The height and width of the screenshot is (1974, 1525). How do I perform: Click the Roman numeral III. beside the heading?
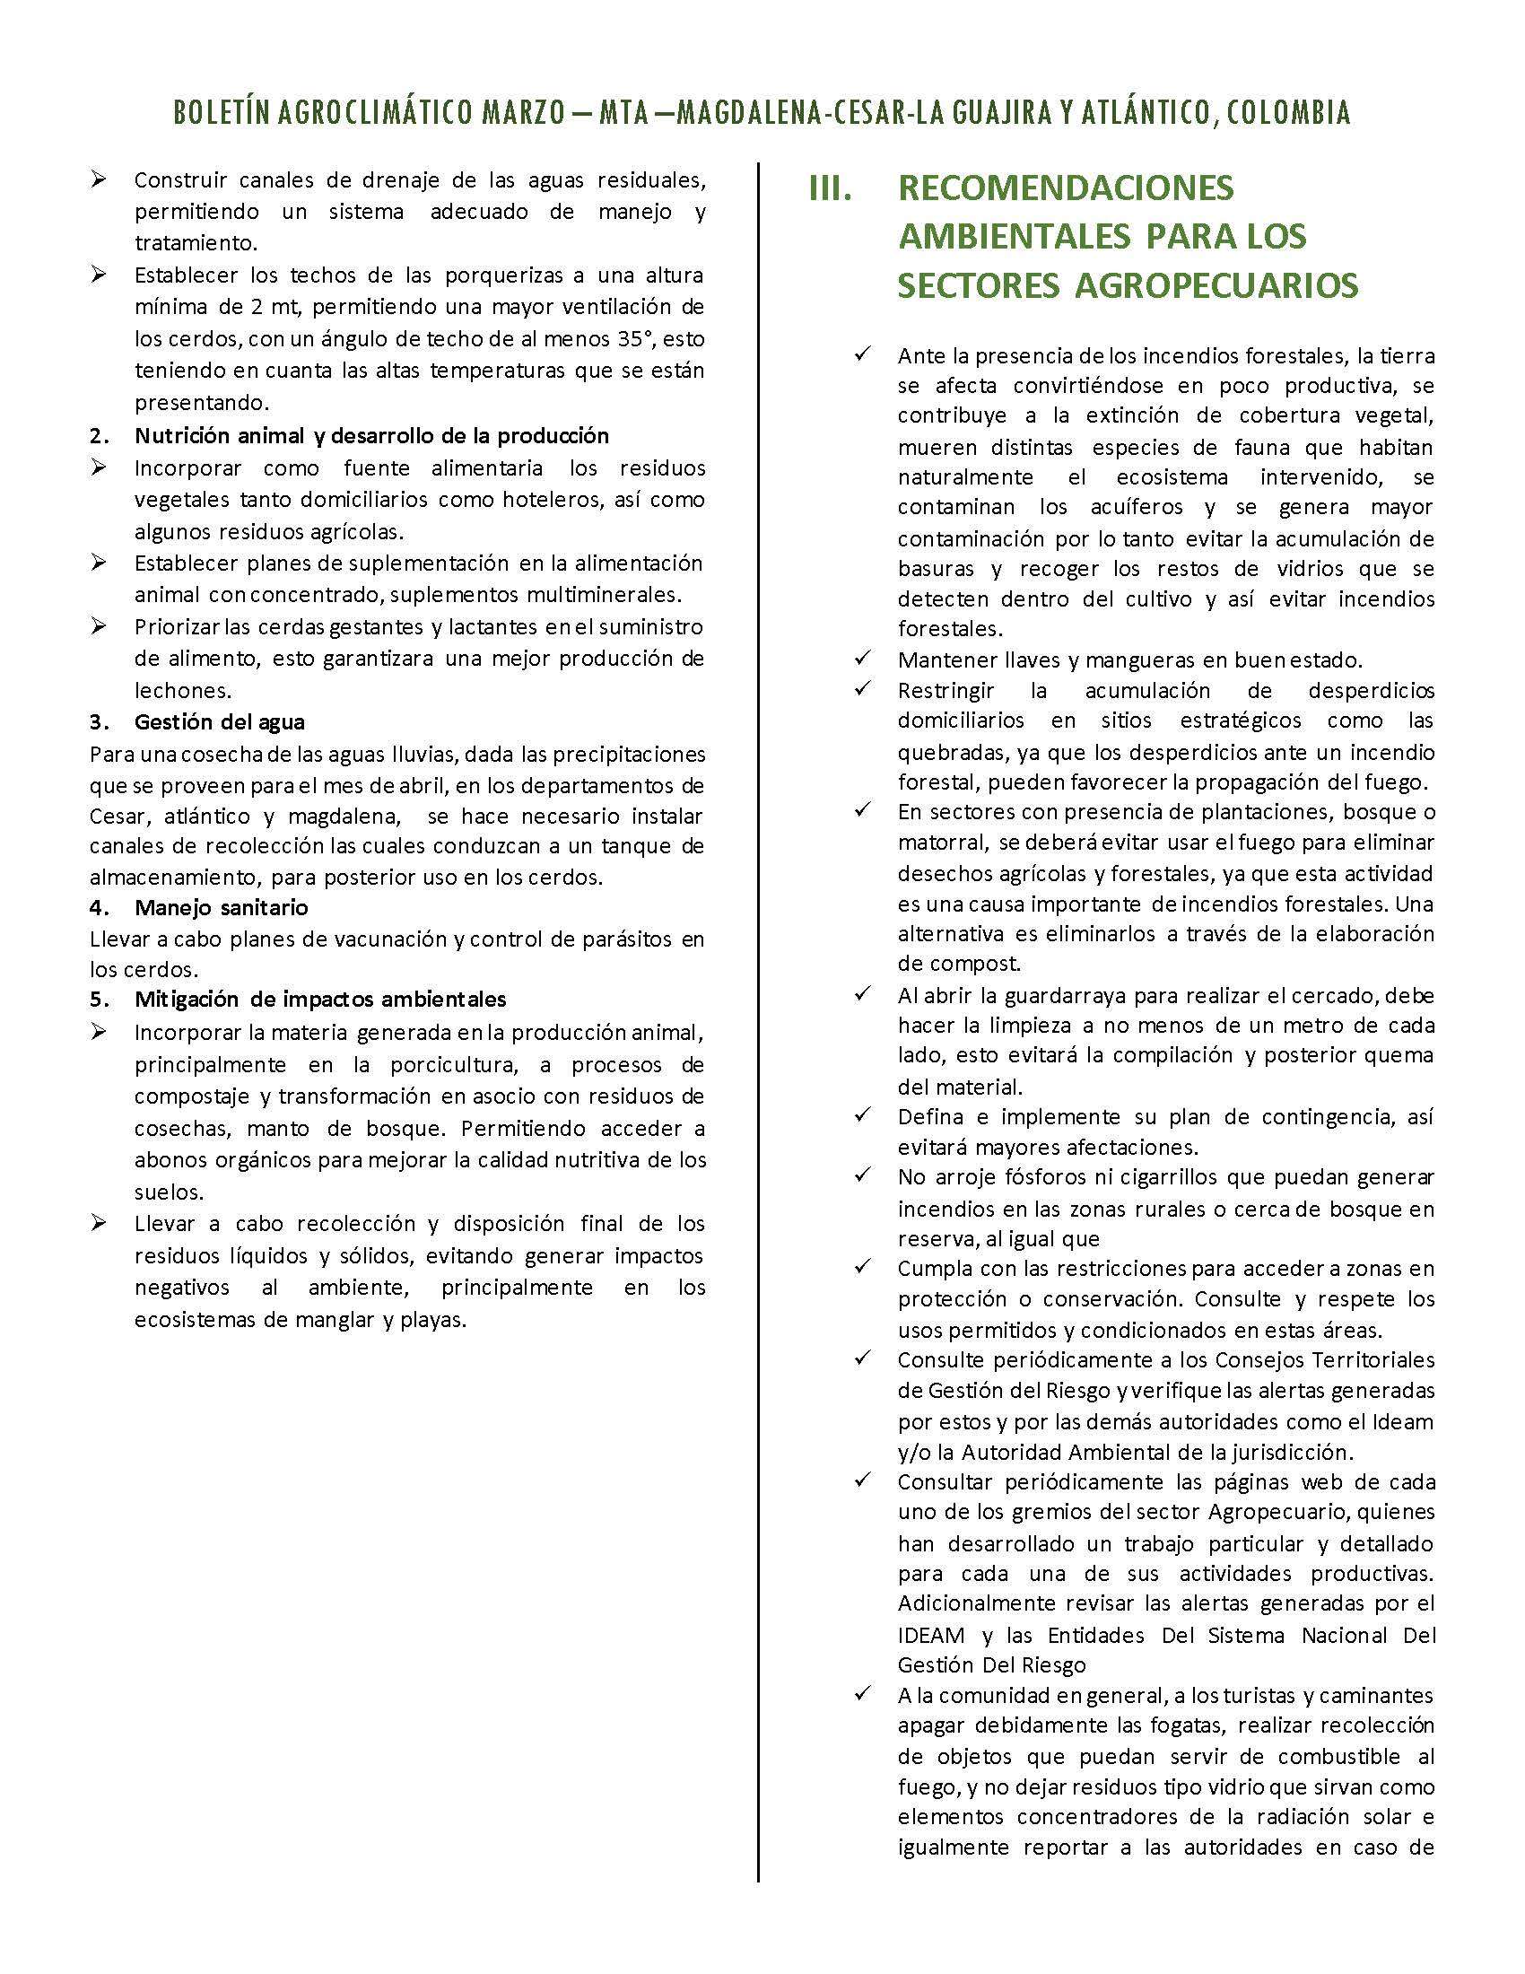point(830,189)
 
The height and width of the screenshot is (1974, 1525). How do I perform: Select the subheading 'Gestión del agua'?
point(220,722)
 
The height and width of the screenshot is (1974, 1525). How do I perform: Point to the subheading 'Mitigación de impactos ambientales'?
point(320,999)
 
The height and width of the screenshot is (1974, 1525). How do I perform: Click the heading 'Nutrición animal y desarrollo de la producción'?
point(371,436)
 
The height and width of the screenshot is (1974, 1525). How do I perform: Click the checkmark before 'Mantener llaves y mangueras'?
point(862,658)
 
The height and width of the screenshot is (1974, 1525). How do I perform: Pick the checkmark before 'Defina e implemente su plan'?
point(862,1115)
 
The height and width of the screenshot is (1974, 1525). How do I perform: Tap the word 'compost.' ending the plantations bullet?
point(960,964)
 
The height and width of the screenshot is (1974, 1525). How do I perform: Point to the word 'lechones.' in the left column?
point(182,691)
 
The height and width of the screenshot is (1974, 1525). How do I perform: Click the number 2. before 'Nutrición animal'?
point(100,436)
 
